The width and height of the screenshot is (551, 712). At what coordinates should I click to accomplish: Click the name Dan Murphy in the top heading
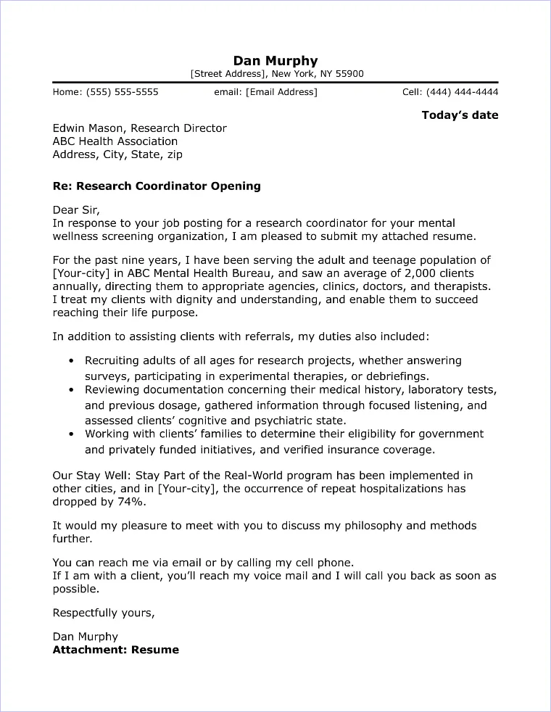pos(275,60)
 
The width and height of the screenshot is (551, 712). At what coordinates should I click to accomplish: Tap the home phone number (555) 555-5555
pos(122,92)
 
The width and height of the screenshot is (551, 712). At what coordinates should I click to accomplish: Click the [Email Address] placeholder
pos(281,92)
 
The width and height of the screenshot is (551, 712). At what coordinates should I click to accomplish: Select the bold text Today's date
pos(460,115)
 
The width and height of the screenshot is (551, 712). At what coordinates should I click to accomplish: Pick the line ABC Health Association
pos(115,141)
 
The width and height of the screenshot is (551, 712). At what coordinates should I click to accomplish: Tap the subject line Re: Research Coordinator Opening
pos(157,186)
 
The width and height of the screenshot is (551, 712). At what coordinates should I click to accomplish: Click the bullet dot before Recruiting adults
pos(70,361)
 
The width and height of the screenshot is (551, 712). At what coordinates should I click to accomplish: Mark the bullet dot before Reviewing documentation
pos(70,391)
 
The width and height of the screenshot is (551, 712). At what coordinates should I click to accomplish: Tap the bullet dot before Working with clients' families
pos(70,435)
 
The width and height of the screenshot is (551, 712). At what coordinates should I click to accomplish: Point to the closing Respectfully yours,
pos(104,613)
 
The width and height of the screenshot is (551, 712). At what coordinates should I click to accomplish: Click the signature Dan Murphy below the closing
pos(86,637)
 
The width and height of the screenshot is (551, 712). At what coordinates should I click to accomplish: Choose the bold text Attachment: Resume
pos(116,650)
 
